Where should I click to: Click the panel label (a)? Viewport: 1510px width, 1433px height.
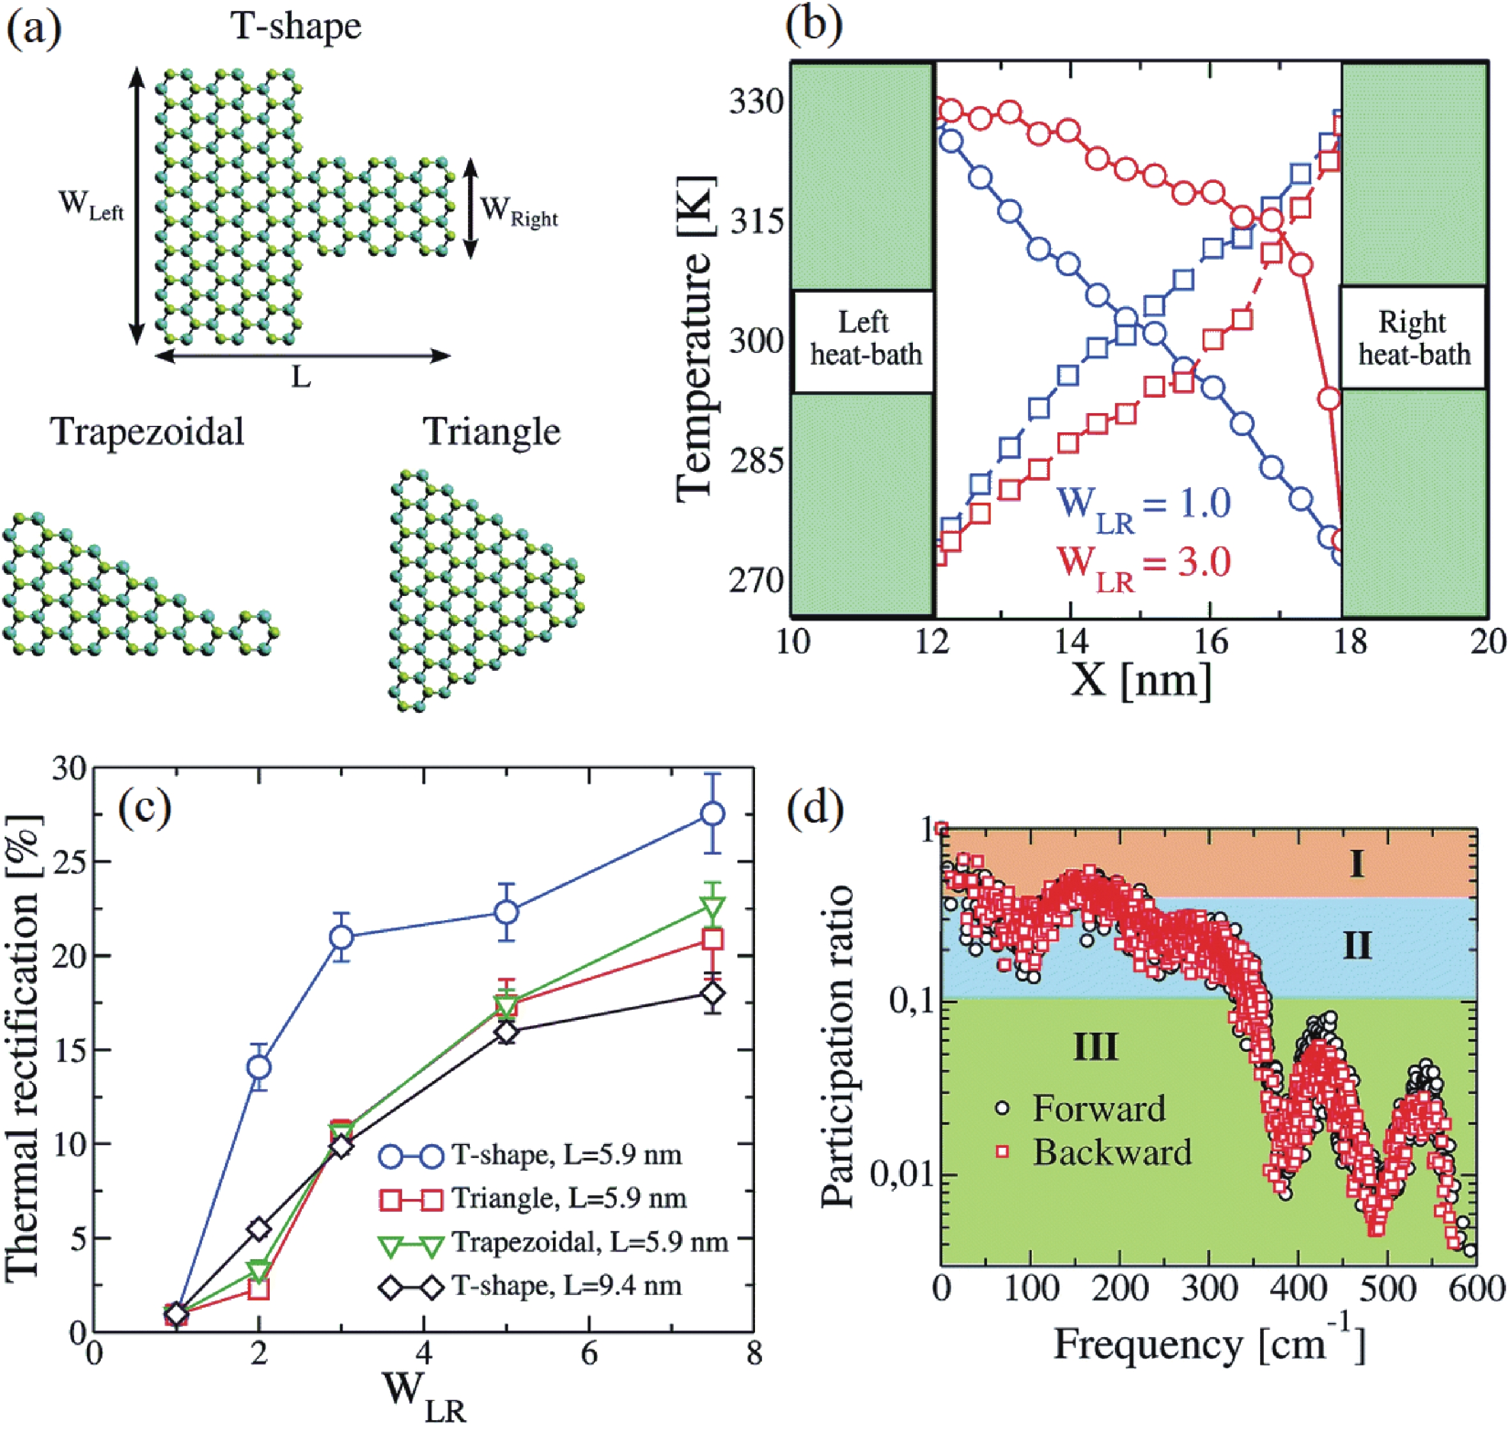(35, 29)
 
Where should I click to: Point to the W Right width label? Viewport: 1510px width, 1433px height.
(518, 211)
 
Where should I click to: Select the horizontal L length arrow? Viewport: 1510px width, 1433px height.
(302, 355)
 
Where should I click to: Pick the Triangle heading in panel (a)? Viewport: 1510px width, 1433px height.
(492, 432)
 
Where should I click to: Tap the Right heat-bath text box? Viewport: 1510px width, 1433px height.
(1413, 338)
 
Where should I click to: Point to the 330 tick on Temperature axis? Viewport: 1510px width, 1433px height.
(756, 102)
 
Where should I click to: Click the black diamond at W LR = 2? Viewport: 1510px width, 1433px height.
(260, 1229)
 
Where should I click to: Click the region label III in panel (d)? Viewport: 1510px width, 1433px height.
(1095, 1047)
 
